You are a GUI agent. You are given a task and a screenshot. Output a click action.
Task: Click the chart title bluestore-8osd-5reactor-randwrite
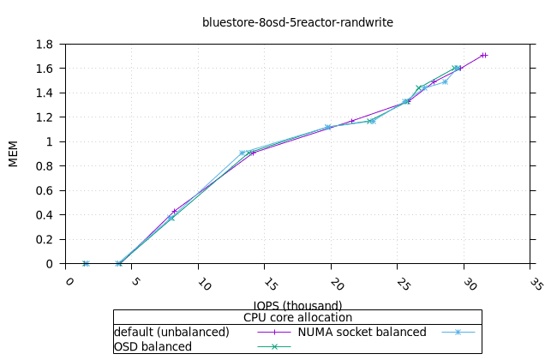click(x=297, y=22)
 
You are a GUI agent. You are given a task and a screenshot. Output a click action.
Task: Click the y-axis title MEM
click(x=13, y=153)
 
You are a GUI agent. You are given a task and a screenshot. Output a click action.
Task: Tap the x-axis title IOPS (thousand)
click(x=297, y=305)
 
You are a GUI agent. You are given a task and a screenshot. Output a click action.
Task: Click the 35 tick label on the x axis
click(x=536, y=284)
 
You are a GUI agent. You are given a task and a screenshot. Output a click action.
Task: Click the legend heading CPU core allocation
click(x=297, y=317)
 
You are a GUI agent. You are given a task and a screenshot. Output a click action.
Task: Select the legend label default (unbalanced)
click(x=171, y=332)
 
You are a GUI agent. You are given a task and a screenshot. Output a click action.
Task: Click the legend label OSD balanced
click(x=153, y=346)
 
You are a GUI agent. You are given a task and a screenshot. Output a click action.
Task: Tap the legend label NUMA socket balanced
click(x=362, y=332)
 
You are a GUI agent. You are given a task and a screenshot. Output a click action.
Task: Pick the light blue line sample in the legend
click(x=458, y=332)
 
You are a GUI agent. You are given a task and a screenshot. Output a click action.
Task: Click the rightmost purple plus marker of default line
click(x=485, y=55)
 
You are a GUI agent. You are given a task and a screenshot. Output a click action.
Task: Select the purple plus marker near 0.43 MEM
click(x=174, y=211)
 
